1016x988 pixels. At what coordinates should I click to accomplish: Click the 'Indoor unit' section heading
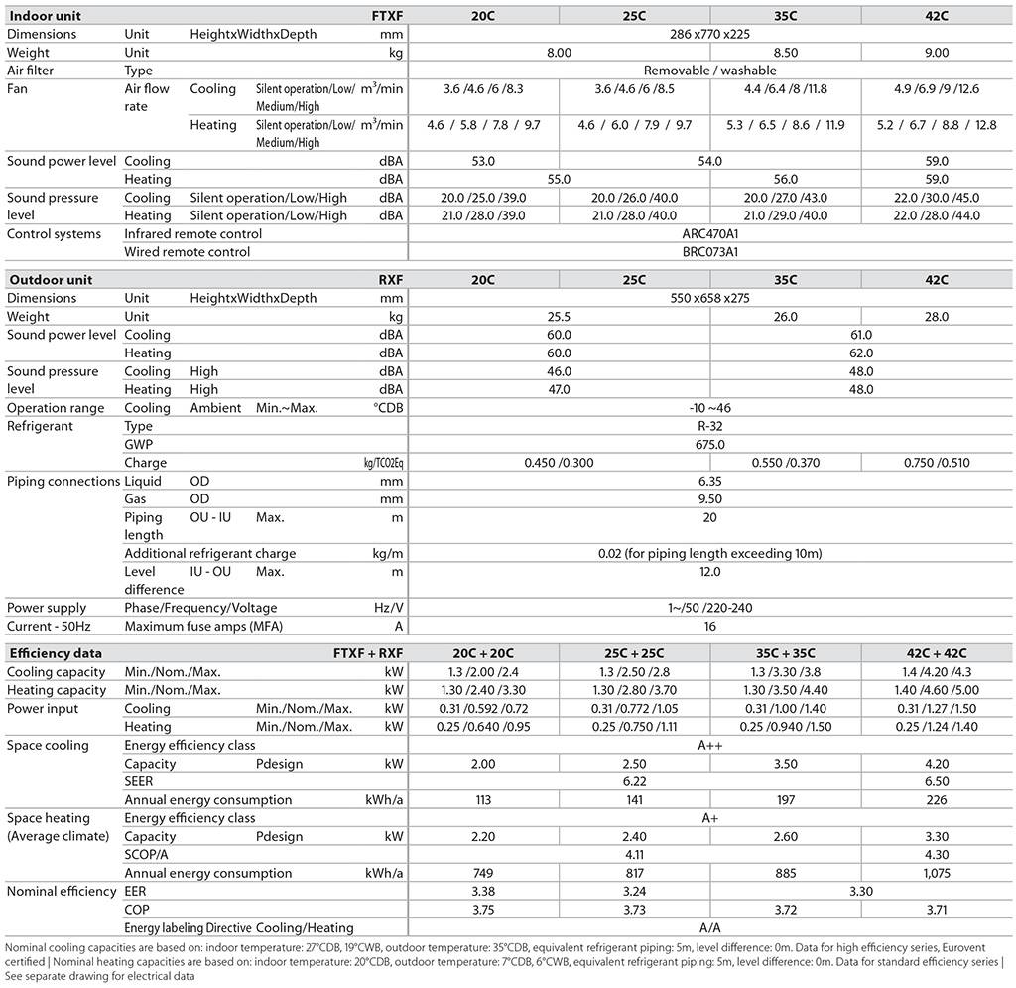tap(46, 16)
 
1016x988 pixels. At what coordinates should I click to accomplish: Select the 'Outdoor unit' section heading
tap(51, 280)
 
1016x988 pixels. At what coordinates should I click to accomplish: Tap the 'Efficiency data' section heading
tap(55, 653)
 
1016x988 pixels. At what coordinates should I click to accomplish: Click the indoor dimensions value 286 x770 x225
tap(709, 34)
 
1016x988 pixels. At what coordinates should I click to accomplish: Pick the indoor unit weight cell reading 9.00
tap(937, 52)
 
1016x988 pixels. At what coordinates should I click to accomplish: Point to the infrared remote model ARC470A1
tap(709, 234)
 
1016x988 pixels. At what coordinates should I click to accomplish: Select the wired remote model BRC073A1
tap(709, 252)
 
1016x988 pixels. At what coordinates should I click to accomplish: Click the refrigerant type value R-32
tap(709, 426)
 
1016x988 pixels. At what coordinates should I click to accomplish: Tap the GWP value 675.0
tap(709, 445)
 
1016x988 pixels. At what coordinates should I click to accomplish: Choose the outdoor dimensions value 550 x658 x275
tap(709, 298)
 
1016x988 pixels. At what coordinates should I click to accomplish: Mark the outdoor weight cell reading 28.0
tap(937, 317)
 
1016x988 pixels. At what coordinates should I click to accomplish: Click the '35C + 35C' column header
tap(785, 653)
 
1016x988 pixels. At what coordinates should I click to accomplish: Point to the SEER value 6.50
tap(937, 781)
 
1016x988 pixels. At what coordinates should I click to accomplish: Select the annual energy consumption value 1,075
tap(937, 873)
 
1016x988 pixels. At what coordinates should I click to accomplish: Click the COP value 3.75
tap(483, 910)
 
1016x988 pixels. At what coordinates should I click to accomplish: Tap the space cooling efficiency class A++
tap(709, 745)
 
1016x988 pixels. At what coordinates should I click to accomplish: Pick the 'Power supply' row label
tap(47, 608)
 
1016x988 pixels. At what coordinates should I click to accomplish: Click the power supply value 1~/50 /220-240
tap(709, 608)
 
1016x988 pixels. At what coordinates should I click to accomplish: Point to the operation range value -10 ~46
tap(709, 408)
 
